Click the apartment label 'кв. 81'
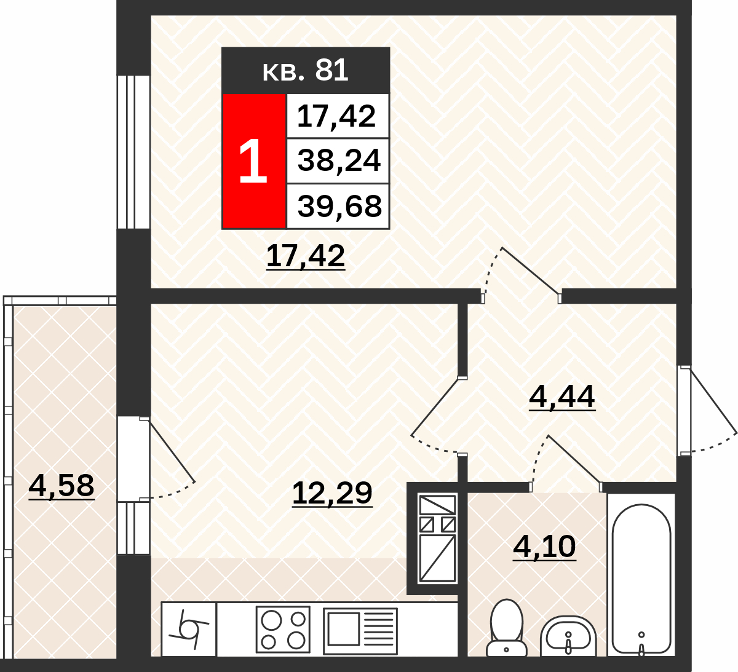pos(305,70)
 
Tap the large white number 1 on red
pos(253,160)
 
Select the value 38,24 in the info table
pos(338,160)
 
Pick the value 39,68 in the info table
pos(339,206)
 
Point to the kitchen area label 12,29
pos(332,494)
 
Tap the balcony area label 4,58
pos(61,486)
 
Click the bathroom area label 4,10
pos(544,547)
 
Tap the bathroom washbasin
pos(568,637)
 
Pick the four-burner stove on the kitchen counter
pos(283,630)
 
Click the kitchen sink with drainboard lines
pos(360,631)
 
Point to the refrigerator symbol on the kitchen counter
pos(189,630)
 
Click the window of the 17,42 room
pos(133,152)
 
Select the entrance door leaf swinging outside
pos(714,402)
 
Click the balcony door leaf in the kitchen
pos(172,452)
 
